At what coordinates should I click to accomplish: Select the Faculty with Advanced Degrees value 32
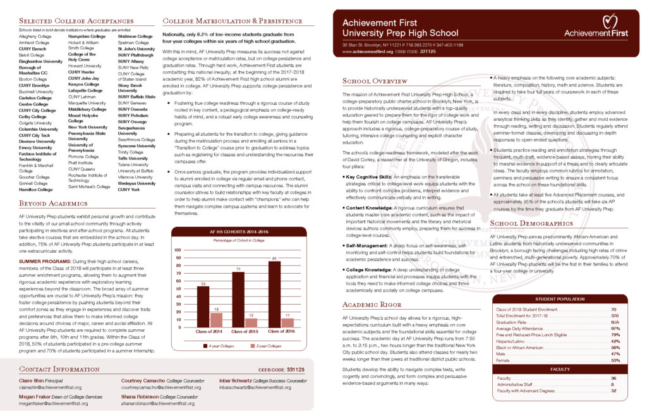614,391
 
